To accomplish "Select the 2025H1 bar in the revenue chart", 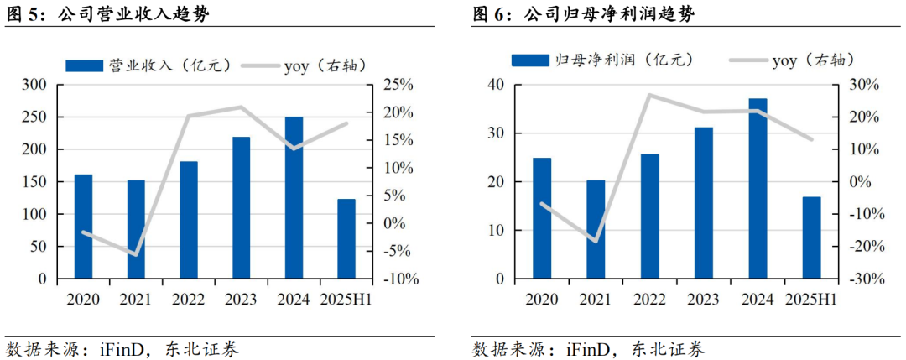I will point(346,238).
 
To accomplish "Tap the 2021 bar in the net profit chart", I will point(596,229).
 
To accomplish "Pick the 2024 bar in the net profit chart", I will point(758,189).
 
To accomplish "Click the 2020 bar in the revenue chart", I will point(83,226).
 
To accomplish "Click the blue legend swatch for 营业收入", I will point(85,65).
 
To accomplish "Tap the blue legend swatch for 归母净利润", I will point(529,60).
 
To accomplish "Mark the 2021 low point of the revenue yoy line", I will point(135,254).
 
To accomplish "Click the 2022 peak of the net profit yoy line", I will point(649,95).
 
